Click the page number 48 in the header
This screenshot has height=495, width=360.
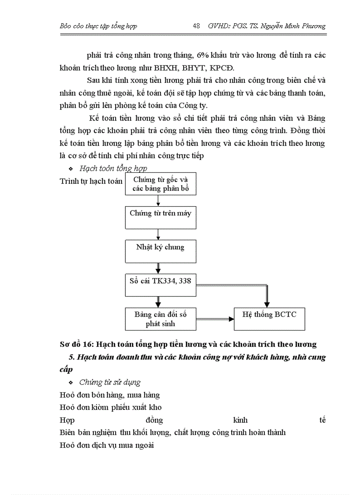[197, 26]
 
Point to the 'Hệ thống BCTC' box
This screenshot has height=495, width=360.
[269, 319]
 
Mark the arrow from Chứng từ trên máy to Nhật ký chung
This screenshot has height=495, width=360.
[158, 234]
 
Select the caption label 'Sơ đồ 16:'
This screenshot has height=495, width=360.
[76, 344]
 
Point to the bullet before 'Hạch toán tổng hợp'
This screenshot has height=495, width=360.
[71, 169]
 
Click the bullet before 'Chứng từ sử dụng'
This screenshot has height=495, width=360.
[71, 383]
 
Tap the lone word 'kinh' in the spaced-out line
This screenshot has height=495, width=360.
[243, 420]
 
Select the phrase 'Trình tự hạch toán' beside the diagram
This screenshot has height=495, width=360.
[91, 181]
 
